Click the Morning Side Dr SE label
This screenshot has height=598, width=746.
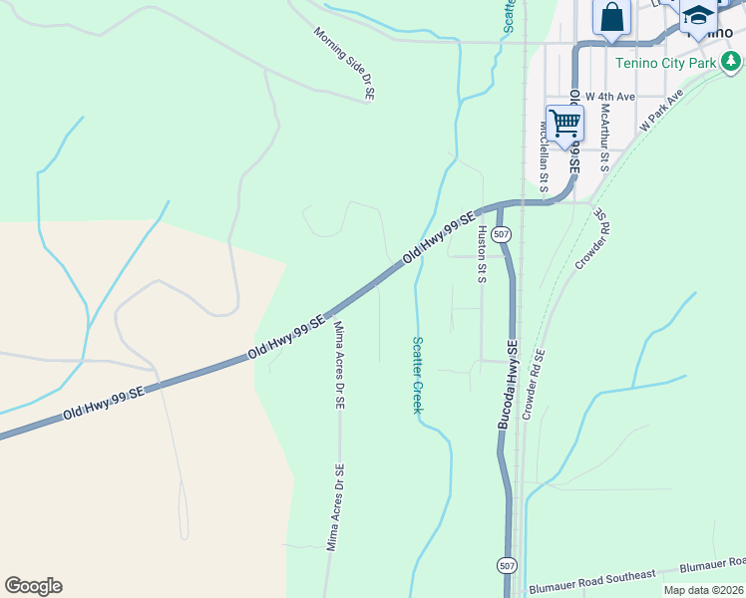[x=344, y=63]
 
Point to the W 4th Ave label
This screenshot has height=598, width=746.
[x=610, y=97]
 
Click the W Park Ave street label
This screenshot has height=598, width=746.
[x=661, y=110]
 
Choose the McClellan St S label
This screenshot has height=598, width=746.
[x=545, y=155]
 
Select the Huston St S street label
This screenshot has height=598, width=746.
[x=482, y=253]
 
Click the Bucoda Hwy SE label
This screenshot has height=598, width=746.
[x=510, y=385]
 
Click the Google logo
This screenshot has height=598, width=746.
[x=33, y=586]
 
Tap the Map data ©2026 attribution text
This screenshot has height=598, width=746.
[x=703, y=590]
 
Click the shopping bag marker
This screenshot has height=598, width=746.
[x=610, y=17]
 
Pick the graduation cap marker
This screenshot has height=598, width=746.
[x=698, y=17]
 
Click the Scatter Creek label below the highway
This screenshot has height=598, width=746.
[x=418, y=375]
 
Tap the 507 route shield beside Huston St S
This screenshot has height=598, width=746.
[x=502, y=234]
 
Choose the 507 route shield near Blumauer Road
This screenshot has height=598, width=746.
[x=506, y=566]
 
